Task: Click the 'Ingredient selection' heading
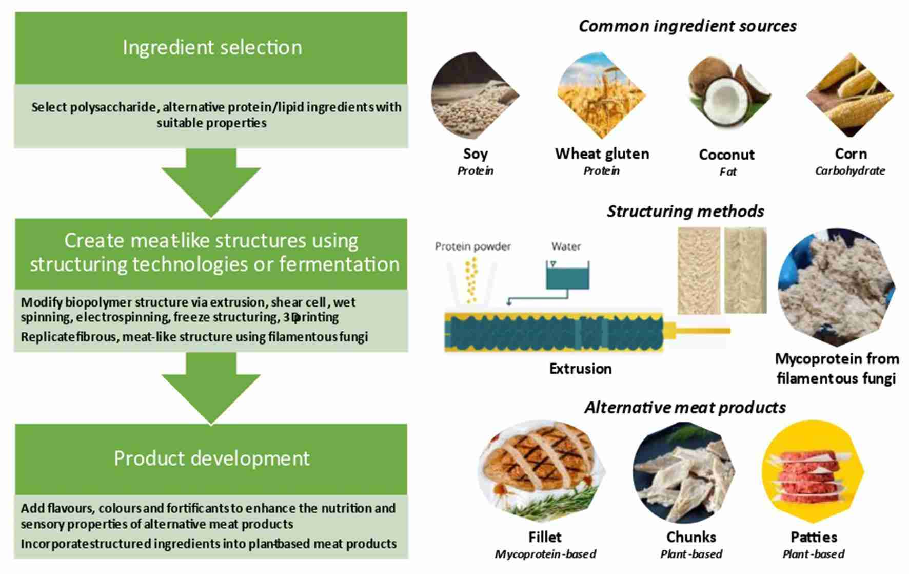(212, 47)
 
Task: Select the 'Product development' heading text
(211, 458)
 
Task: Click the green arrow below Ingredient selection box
(211, 182)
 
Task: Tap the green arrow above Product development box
(211, 388)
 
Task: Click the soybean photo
(474, 97)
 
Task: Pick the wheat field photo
(601, 97)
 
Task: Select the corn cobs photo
(850, 95)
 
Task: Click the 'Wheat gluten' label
(602, 154)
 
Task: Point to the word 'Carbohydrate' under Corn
(850, 170)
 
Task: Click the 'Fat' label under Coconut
(727, 171)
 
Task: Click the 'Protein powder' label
(472, 246)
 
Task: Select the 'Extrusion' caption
(580, 369)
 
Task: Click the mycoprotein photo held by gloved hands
(836, 288)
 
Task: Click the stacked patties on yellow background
(813, 471)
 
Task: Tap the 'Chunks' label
(691, 537)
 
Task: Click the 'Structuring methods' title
(685, 211)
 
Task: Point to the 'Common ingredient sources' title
(687, 26)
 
